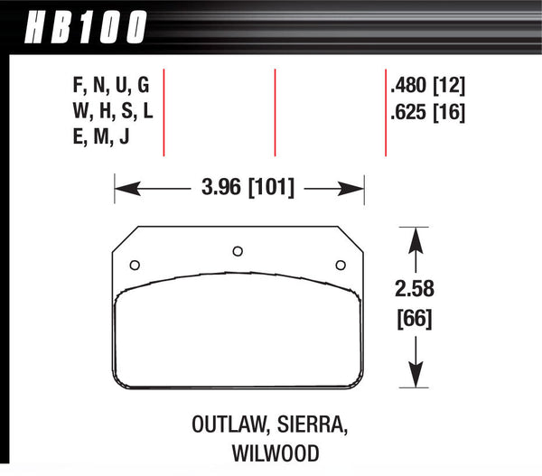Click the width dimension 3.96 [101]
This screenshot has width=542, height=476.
point(238,190)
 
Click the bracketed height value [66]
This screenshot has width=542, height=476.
point(415,319)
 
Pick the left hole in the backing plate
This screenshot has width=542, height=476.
point(135,265)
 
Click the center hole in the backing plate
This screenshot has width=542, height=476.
point(238,251)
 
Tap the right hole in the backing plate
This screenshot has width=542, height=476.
point(341,265)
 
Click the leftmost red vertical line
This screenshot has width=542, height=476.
point(164,113)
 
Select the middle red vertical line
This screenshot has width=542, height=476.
point(275,113)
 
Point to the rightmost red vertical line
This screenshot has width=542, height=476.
point(387,113)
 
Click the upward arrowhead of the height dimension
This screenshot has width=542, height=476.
point(415,237)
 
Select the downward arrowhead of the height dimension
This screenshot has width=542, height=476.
point(415,378)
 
